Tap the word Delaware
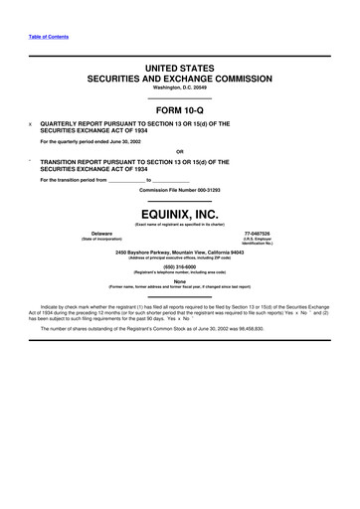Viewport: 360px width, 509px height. click(100, 233)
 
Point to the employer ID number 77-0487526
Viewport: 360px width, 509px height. click(258, 233)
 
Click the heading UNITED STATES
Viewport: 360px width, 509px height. click(180, 63)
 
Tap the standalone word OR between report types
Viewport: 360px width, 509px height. click(180, 152)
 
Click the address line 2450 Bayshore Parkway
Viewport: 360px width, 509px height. click(180, 252)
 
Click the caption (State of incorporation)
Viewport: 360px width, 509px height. click(100, 239)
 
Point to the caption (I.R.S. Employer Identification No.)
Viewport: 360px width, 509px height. click(257, 242)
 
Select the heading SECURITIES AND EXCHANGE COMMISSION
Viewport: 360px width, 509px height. click(180, 75)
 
